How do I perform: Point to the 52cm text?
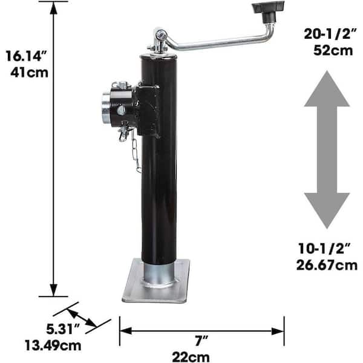coord(333,50)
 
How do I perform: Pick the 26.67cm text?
coord(327,264)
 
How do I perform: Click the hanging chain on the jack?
coord(136,151)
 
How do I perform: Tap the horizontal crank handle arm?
coord(212,42)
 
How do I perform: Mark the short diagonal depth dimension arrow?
coord(82,319)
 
